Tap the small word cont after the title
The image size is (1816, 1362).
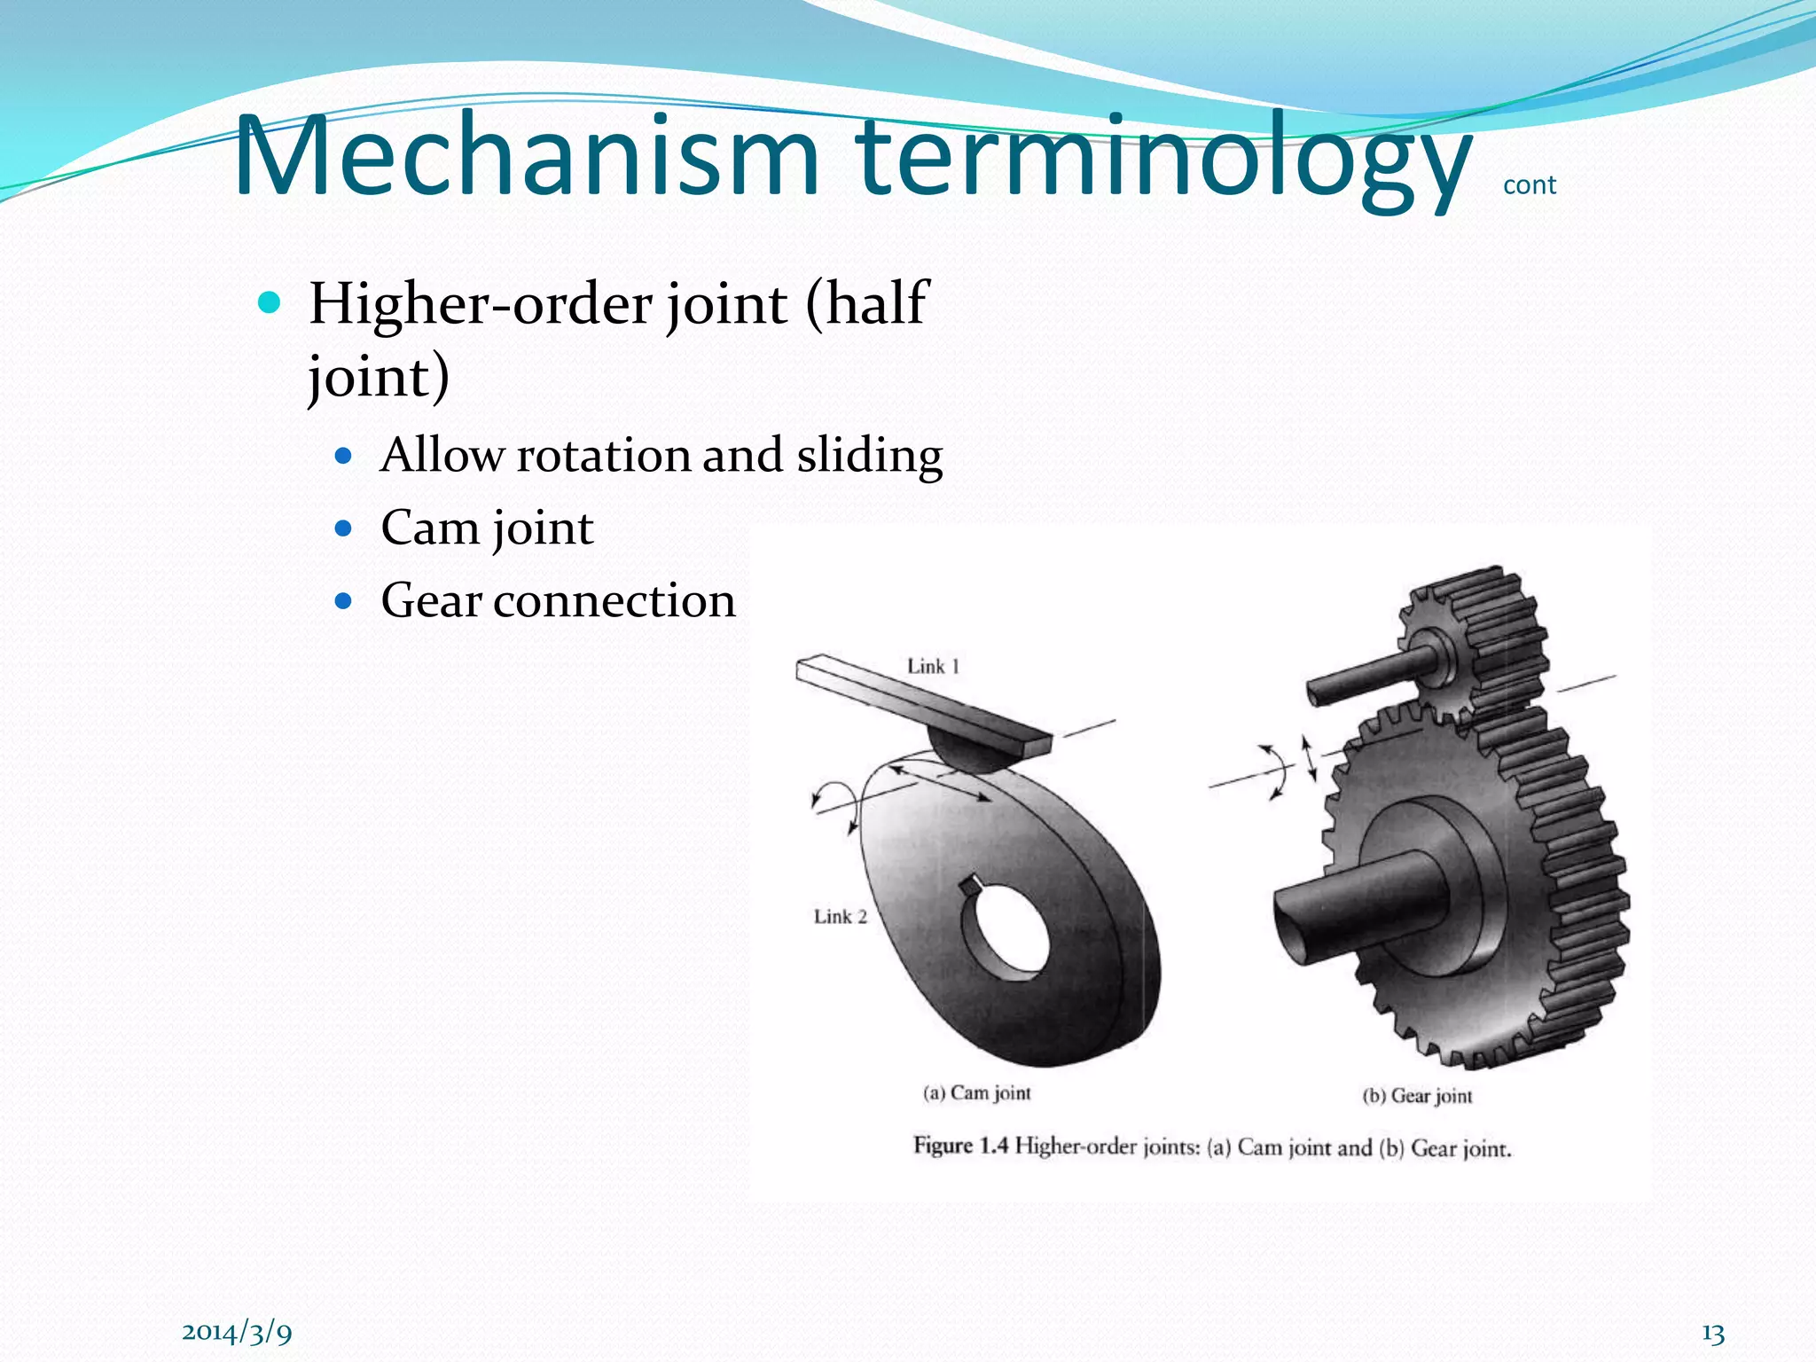pyautogui.click(x=1530, y=185)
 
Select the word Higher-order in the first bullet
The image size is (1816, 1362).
pyautogui.click(x=482, y=304)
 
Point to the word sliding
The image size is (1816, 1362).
pyautogui.click(x=869, y=456)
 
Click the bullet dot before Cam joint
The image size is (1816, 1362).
pyautogui.click(x=344, y=529)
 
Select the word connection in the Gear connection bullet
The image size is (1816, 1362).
pyautogui.click(x=614, y=601)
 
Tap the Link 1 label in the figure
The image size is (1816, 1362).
pyautogui.click(x=933, y=666)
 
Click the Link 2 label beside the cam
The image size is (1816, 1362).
pyautogui.click(x=840, y=917)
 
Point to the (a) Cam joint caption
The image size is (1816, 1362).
pyautogui.click(x=976, y=1092)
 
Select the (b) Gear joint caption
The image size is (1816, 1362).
pyautogui.click(x=1416, y=1096)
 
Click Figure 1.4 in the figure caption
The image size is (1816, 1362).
pyautogui.click(x=960, y=1146)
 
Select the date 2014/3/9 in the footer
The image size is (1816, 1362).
pyautogui.click(x=237, y=1331)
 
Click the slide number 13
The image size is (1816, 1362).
pyautogui.click(x=1712, y=1334)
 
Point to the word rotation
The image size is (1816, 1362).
pyautogui.click(x=603, y=456)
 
